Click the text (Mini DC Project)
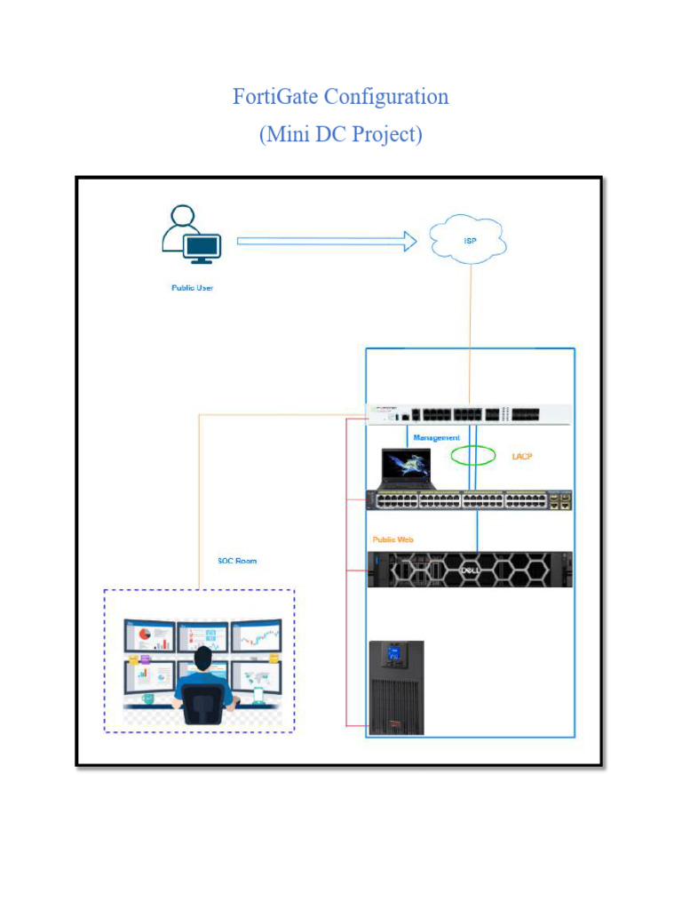coord(341,134)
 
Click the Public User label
coord(192,288)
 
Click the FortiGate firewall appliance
coord(469,415)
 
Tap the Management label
coord(436,438)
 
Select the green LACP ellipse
coord(473,456)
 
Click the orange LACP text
coord(522,456)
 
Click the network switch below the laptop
coord(469,500)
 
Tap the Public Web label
coord(393,539)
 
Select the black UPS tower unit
coord(396,688)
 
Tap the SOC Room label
coord(237,561)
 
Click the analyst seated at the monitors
coord(203,684)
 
